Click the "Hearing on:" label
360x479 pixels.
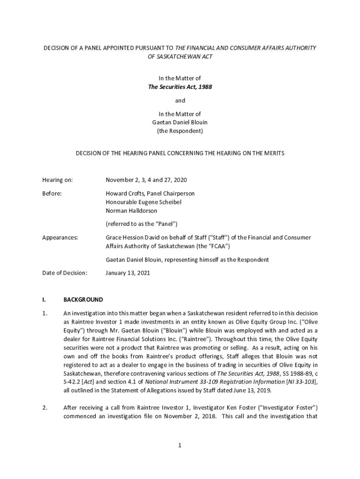pos(58,180)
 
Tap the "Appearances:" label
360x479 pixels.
pos(60,238)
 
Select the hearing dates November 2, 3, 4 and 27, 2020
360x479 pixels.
pos(146,180)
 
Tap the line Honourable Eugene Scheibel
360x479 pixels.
pos(143,202)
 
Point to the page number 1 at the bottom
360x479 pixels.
pos(179,445)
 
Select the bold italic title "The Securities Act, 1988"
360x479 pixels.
pos(180,87)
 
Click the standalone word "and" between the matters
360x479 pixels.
pos(180,101)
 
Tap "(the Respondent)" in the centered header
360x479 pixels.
pos(180,131)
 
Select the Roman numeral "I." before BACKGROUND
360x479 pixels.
pos(44,300)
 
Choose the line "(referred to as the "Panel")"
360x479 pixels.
pos(141,224)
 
